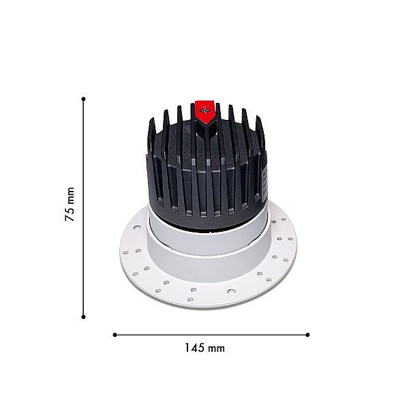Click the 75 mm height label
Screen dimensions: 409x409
click(x=70, y=204)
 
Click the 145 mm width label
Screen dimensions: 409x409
click(x=204, y=348)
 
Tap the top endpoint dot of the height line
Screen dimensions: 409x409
click(x=83, y=99)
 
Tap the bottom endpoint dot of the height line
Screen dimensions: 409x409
click(x=83, y=317)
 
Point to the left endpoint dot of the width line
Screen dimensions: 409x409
click(x=115, y=335)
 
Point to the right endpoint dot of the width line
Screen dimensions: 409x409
click(x=307, y=335)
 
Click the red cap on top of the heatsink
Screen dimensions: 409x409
click(x=205, y=112)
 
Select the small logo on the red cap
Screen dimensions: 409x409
click(x=205, y=110)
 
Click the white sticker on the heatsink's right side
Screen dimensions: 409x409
click(x=264, y=179)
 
